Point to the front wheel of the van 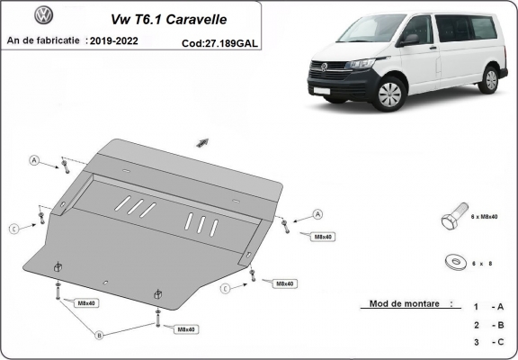[390, 94]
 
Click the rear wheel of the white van [489, 79]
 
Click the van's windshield [360, 34]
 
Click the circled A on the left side [34, 160]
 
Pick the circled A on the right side [317, 214]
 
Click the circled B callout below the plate [100, 335]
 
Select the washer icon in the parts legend [450, 262]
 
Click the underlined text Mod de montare [405, 304]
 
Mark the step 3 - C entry [489, 343]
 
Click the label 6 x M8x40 [487, 218]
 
